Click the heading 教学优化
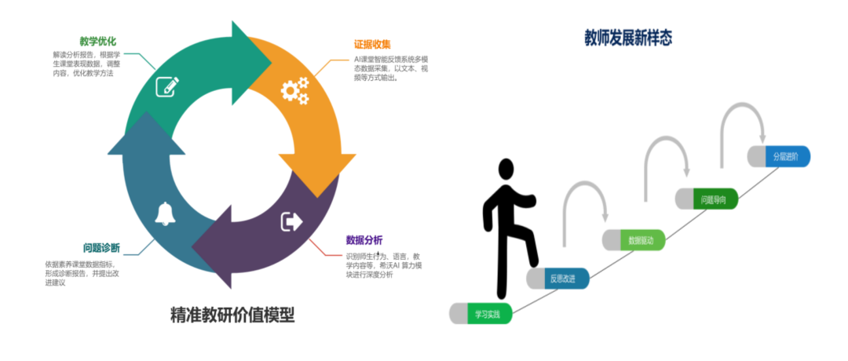pyautogui.click(x=97, y=41)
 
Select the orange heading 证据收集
pyautogui.click(x=372, y=44)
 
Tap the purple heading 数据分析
pyautogui.click(x=364, y=239)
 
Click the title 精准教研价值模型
pyautogui.click(x=232, y=315)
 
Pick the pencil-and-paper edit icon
pyautogui.click(x=166, y=86)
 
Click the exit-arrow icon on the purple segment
pyautogui.click(x=291, y=222)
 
